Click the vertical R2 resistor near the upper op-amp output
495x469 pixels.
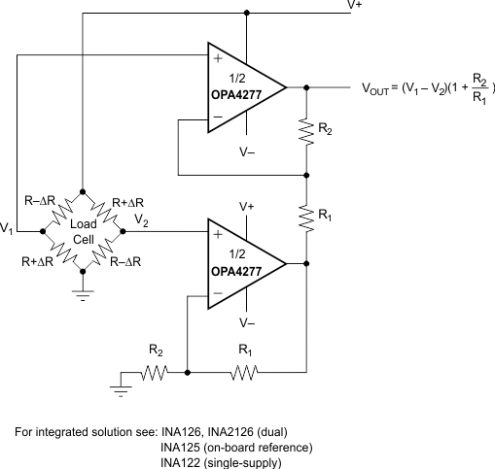(307, 131)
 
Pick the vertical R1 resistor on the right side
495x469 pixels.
(307, 218)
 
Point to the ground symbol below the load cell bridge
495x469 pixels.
(83, 294)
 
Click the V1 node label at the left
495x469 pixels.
(8, 229)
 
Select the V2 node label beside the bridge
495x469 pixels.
(142, 221)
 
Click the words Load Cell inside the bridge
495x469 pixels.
(83, 231)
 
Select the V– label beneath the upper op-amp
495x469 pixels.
(249, 151)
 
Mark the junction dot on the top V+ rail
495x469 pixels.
(249, 13)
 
